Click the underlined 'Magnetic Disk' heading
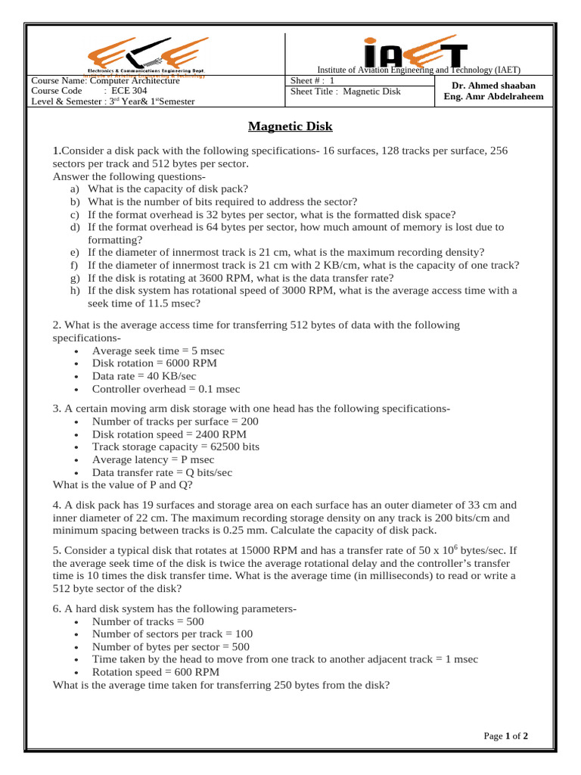coord(290,126)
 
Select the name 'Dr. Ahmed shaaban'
coord(493,86)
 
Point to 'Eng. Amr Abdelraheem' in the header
coord(493,97)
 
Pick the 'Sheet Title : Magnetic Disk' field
coord(346,92)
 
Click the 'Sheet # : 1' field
coord(312,81)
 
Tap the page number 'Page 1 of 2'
coord(505,736)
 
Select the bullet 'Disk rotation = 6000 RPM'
coord(154,363)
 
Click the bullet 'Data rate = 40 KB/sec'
coord(144,376)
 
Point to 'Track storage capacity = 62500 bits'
coord(176,447)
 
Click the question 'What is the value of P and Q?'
coord(123,485)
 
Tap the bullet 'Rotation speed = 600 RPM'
coord(156,672)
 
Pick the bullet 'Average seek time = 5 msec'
coord(158,351)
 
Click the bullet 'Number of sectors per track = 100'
coord(172,633)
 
